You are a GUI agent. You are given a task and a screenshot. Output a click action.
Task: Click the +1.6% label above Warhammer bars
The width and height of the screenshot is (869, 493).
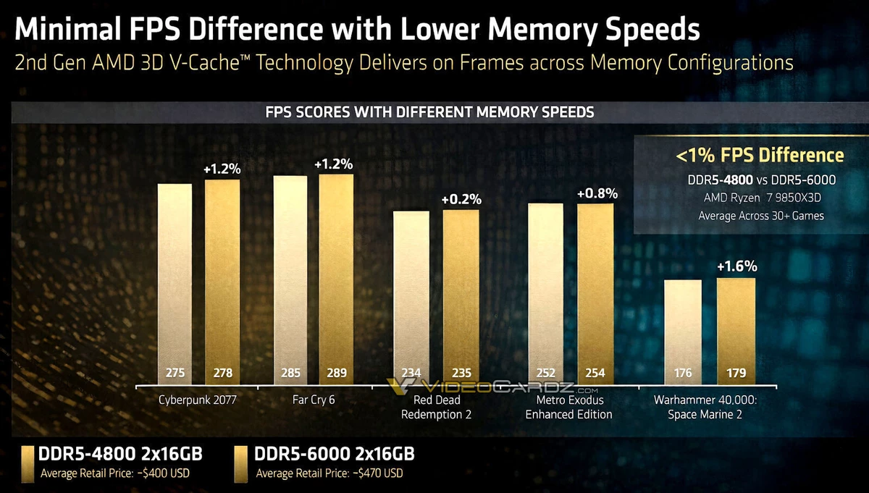point(736,267)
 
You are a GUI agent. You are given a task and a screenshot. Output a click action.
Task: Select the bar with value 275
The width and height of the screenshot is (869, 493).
point(175,282)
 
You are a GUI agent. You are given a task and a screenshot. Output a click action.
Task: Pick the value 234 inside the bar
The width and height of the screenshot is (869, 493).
point(411,374)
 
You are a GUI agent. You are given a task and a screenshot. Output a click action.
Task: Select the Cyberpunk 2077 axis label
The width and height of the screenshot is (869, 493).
point(198,400)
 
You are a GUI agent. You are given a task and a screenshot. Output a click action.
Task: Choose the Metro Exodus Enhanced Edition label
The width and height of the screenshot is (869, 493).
point(568,407)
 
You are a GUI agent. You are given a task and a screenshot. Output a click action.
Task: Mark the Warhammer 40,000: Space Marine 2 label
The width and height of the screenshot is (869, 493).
point(710,407)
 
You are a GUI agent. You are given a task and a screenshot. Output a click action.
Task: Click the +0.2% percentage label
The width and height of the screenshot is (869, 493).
point(461,199)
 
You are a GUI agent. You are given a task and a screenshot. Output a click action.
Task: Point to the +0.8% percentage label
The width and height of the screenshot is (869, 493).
point(597,193)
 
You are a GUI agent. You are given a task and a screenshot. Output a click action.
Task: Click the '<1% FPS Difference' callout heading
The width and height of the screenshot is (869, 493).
point(760,155)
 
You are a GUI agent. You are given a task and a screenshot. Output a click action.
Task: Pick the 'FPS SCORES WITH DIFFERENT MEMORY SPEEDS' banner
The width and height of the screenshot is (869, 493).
point(430,112)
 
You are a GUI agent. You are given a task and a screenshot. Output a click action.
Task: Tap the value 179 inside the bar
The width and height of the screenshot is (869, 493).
point(736,374)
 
